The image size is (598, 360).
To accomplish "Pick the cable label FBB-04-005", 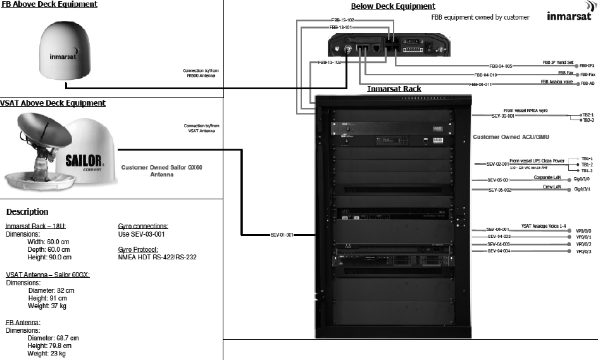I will (501, 66).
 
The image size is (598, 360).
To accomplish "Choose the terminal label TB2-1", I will (588, 115).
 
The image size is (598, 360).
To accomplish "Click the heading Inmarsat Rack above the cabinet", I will (394, 89).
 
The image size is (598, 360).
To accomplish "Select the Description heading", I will (27, 212).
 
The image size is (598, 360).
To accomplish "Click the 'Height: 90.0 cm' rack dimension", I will (50, 258).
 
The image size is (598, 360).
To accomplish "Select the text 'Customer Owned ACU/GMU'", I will (511, 137).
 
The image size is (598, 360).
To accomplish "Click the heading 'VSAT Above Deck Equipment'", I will (53, 103).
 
